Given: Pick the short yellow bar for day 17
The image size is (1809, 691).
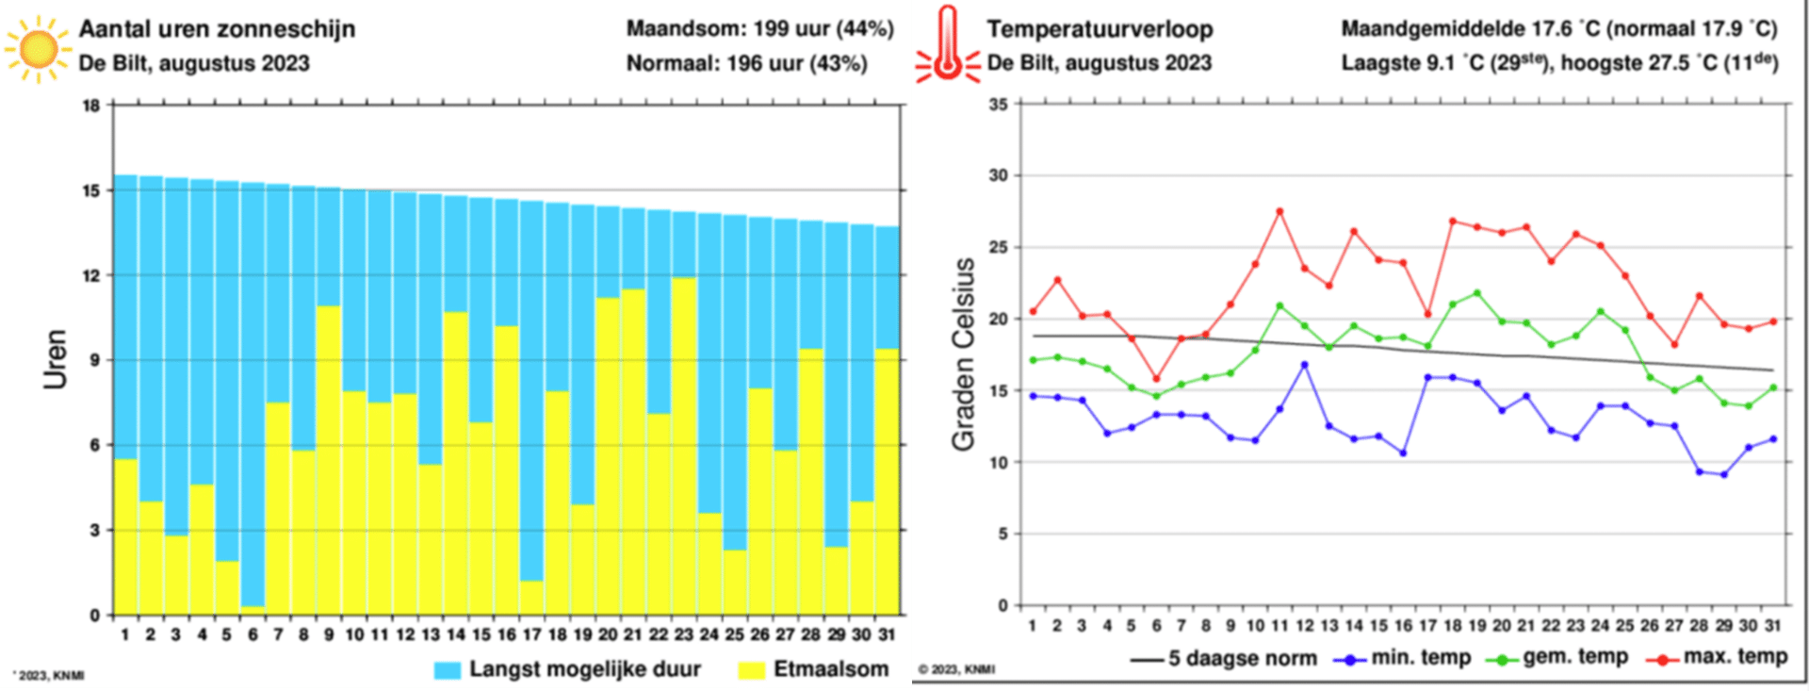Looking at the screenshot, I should [531, 598].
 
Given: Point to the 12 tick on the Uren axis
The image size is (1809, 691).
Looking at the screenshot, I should [91, 275].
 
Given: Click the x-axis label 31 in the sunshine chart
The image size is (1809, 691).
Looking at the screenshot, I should [886, 634].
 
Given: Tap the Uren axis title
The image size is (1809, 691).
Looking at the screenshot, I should [56, 358].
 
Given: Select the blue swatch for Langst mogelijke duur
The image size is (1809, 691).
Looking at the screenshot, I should [448, 669].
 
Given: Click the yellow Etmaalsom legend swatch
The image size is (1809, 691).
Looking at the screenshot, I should [751, 669].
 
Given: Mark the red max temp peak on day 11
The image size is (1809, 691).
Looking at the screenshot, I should [1279, 212].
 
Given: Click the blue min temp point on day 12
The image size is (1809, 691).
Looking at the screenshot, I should [1305, 365].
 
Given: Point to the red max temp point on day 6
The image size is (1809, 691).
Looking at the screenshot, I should [1156, 379].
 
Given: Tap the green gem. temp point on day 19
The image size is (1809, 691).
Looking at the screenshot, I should [1476, 293].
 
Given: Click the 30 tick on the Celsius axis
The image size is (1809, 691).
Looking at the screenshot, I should [998, 175].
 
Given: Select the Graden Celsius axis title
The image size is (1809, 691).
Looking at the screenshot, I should [963, 354].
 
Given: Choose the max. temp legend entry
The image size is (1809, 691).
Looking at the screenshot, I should [1715, 657].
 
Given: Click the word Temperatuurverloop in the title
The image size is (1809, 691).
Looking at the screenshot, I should [1100, 29].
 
